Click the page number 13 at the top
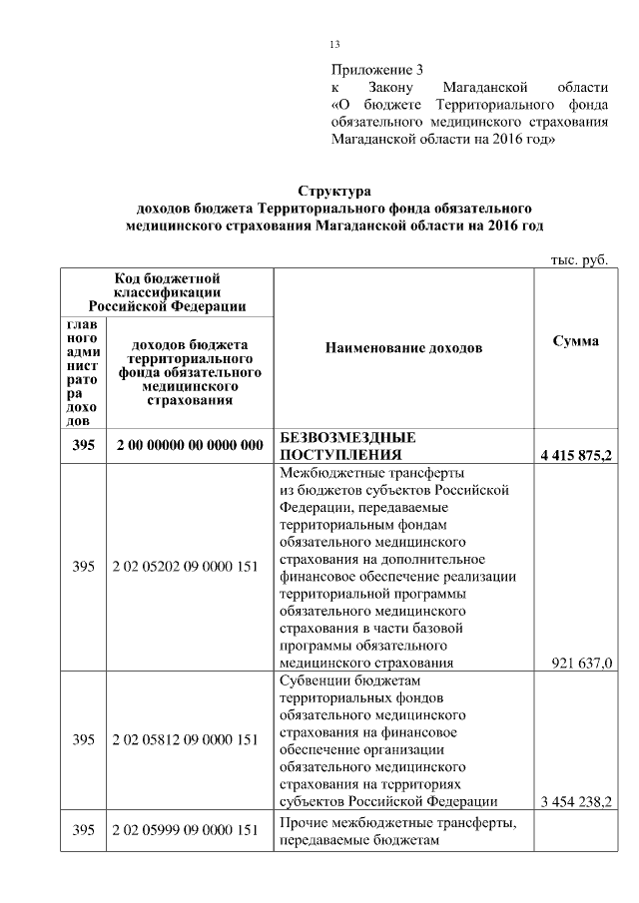(334, 44)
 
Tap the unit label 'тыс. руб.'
(579, 259)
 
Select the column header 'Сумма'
(575, 341)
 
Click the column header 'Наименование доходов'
(403, 347)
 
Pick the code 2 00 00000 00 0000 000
(189, 446)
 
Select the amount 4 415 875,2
(575, 456)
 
